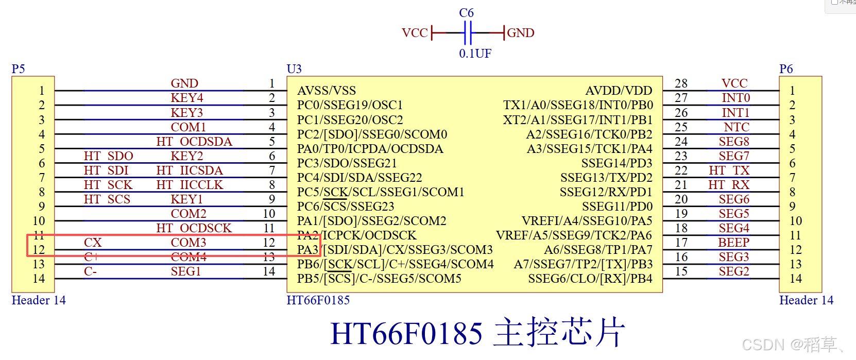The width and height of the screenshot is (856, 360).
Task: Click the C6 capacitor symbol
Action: click(468, 33)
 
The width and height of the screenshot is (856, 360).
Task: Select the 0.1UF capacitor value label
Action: click(475, 54)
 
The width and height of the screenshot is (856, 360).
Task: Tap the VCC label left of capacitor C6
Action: click(415, 33)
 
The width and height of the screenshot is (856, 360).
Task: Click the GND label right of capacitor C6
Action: click(521, 33)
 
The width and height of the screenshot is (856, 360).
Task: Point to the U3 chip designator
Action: click(294, 69)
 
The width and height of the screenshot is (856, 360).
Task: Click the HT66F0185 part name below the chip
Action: click(318, 300)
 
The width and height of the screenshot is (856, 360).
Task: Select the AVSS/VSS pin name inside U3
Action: click(327, 91)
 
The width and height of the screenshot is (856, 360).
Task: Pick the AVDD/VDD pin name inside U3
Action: click(619, 91)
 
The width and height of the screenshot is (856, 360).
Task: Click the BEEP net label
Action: click(734, 243)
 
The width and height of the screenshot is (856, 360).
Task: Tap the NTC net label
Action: click(737, 127)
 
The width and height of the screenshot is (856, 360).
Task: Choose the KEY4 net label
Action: click(187, 98)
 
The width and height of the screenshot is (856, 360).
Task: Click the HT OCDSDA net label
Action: click(194, 142)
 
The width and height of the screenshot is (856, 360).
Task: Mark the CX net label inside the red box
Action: click(93, 243)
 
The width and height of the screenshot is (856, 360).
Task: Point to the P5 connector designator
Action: click(18, 69)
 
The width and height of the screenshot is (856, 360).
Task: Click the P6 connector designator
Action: click(786, 69)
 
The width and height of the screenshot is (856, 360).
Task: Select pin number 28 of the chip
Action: click(681, 83)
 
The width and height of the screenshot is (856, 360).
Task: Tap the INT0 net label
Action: click(736, 98)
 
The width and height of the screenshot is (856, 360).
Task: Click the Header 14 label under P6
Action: click(806, 300)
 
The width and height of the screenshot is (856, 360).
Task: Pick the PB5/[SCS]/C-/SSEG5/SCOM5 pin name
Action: click(379, 279)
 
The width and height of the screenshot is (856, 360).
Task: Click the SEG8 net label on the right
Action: click(734, 142)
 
